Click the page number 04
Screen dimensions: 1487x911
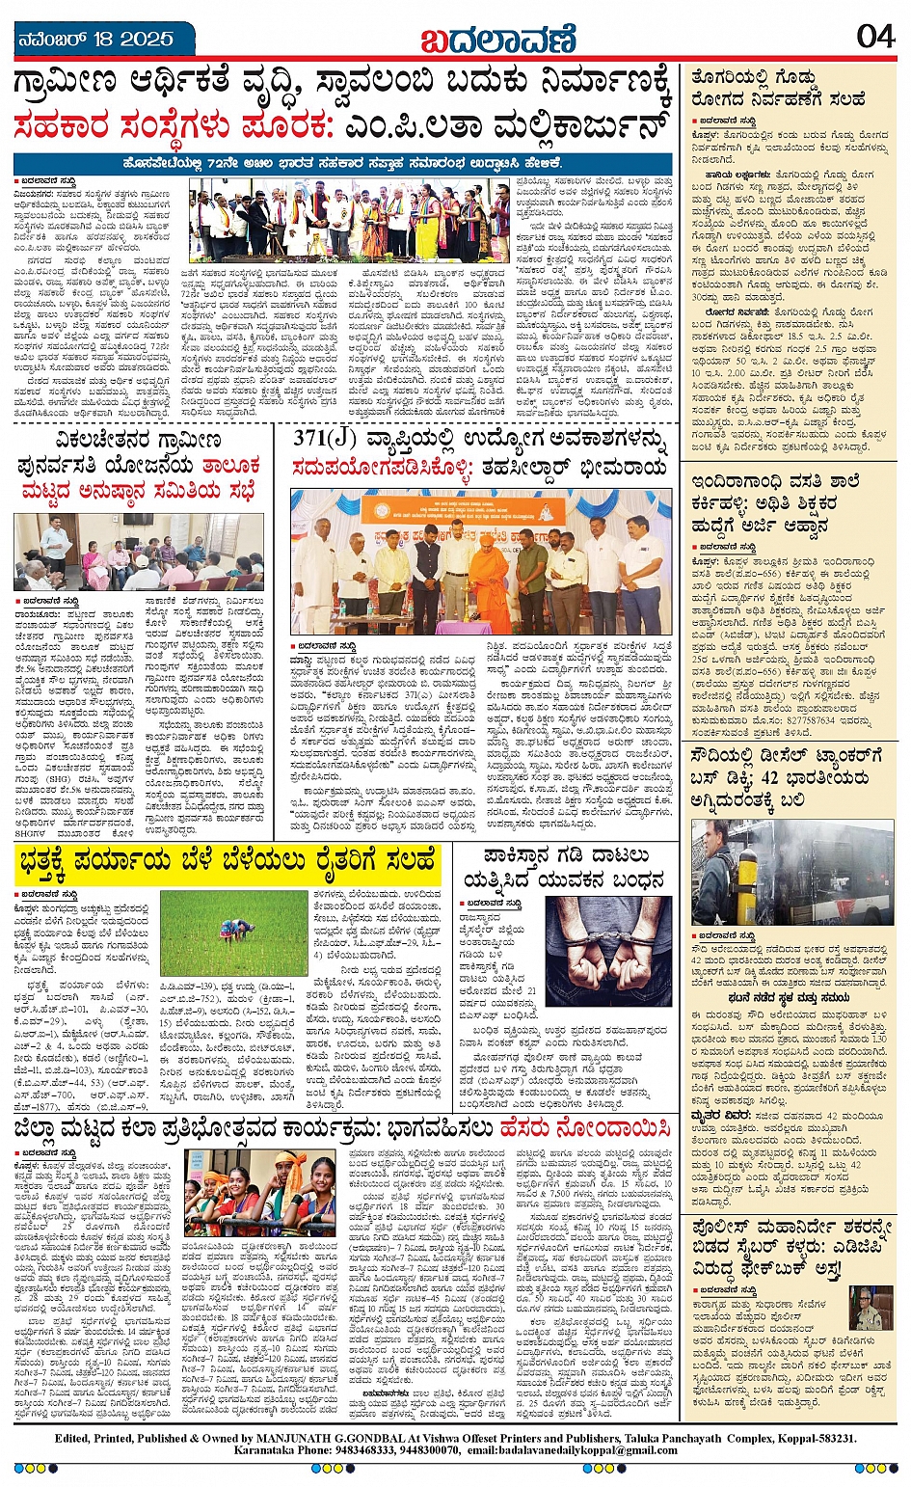click(x=875, y=37)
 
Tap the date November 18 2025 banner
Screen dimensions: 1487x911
click(x=96, y=39)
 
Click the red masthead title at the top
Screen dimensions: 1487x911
click(x=497, y=39)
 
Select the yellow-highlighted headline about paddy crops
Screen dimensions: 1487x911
click(x=228, y=863)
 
